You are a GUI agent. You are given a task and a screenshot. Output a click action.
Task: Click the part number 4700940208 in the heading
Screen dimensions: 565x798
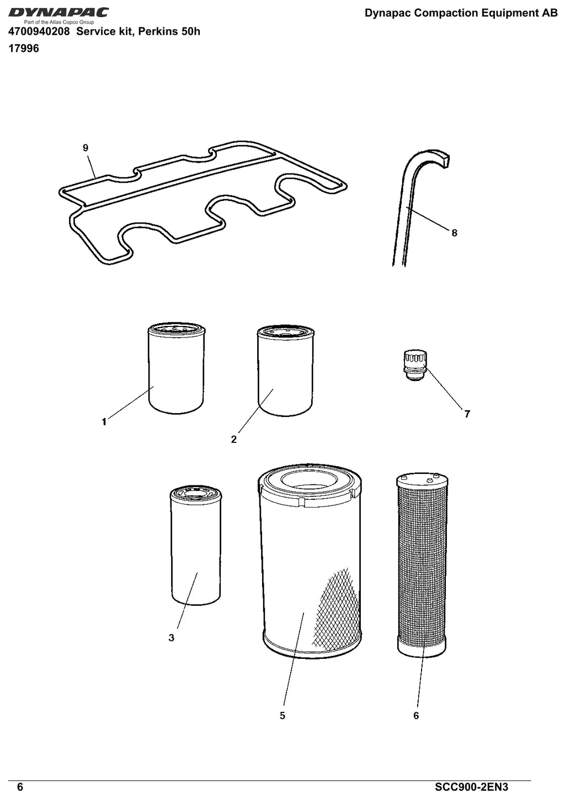click(x=39, y=31)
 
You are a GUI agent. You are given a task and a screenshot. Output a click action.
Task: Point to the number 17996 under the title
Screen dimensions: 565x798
click(x=24, y=49)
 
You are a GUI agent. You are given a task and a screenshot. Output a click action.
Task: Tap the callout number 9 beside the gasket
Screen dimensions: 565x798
click(x=86, y=148)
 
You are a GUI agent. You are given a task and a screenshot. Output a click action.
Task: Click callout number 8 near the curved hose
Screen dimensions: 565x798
click(x=454, y=233)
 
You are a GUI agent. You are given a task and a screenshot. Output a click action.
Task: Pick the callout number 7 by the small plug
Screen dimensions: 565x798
click(x=467, y=414)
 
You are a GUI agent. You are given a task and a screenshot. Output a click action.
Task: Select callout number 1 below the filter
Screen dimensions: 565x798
click(x=104, y=422)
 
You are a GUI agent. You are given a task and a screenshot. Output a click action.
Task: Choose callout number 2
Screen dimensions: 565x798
click(x=233, y=440)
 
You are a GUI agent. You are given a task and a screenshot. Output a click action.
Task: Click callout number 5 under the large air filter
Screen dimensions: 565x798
click(x=282, y=716)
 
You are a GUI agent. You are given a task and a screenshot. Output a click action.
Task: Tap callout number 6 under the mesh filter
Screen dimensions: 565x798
click(x=416, y=716)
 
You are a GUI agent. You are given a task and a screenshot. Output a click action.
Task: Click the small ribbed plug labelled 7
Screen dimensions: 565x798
click(x=415, y=366)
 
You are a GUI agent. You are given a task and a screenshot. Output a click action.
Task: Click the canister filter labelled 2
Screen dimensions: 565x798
click(x=285, y=371)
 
